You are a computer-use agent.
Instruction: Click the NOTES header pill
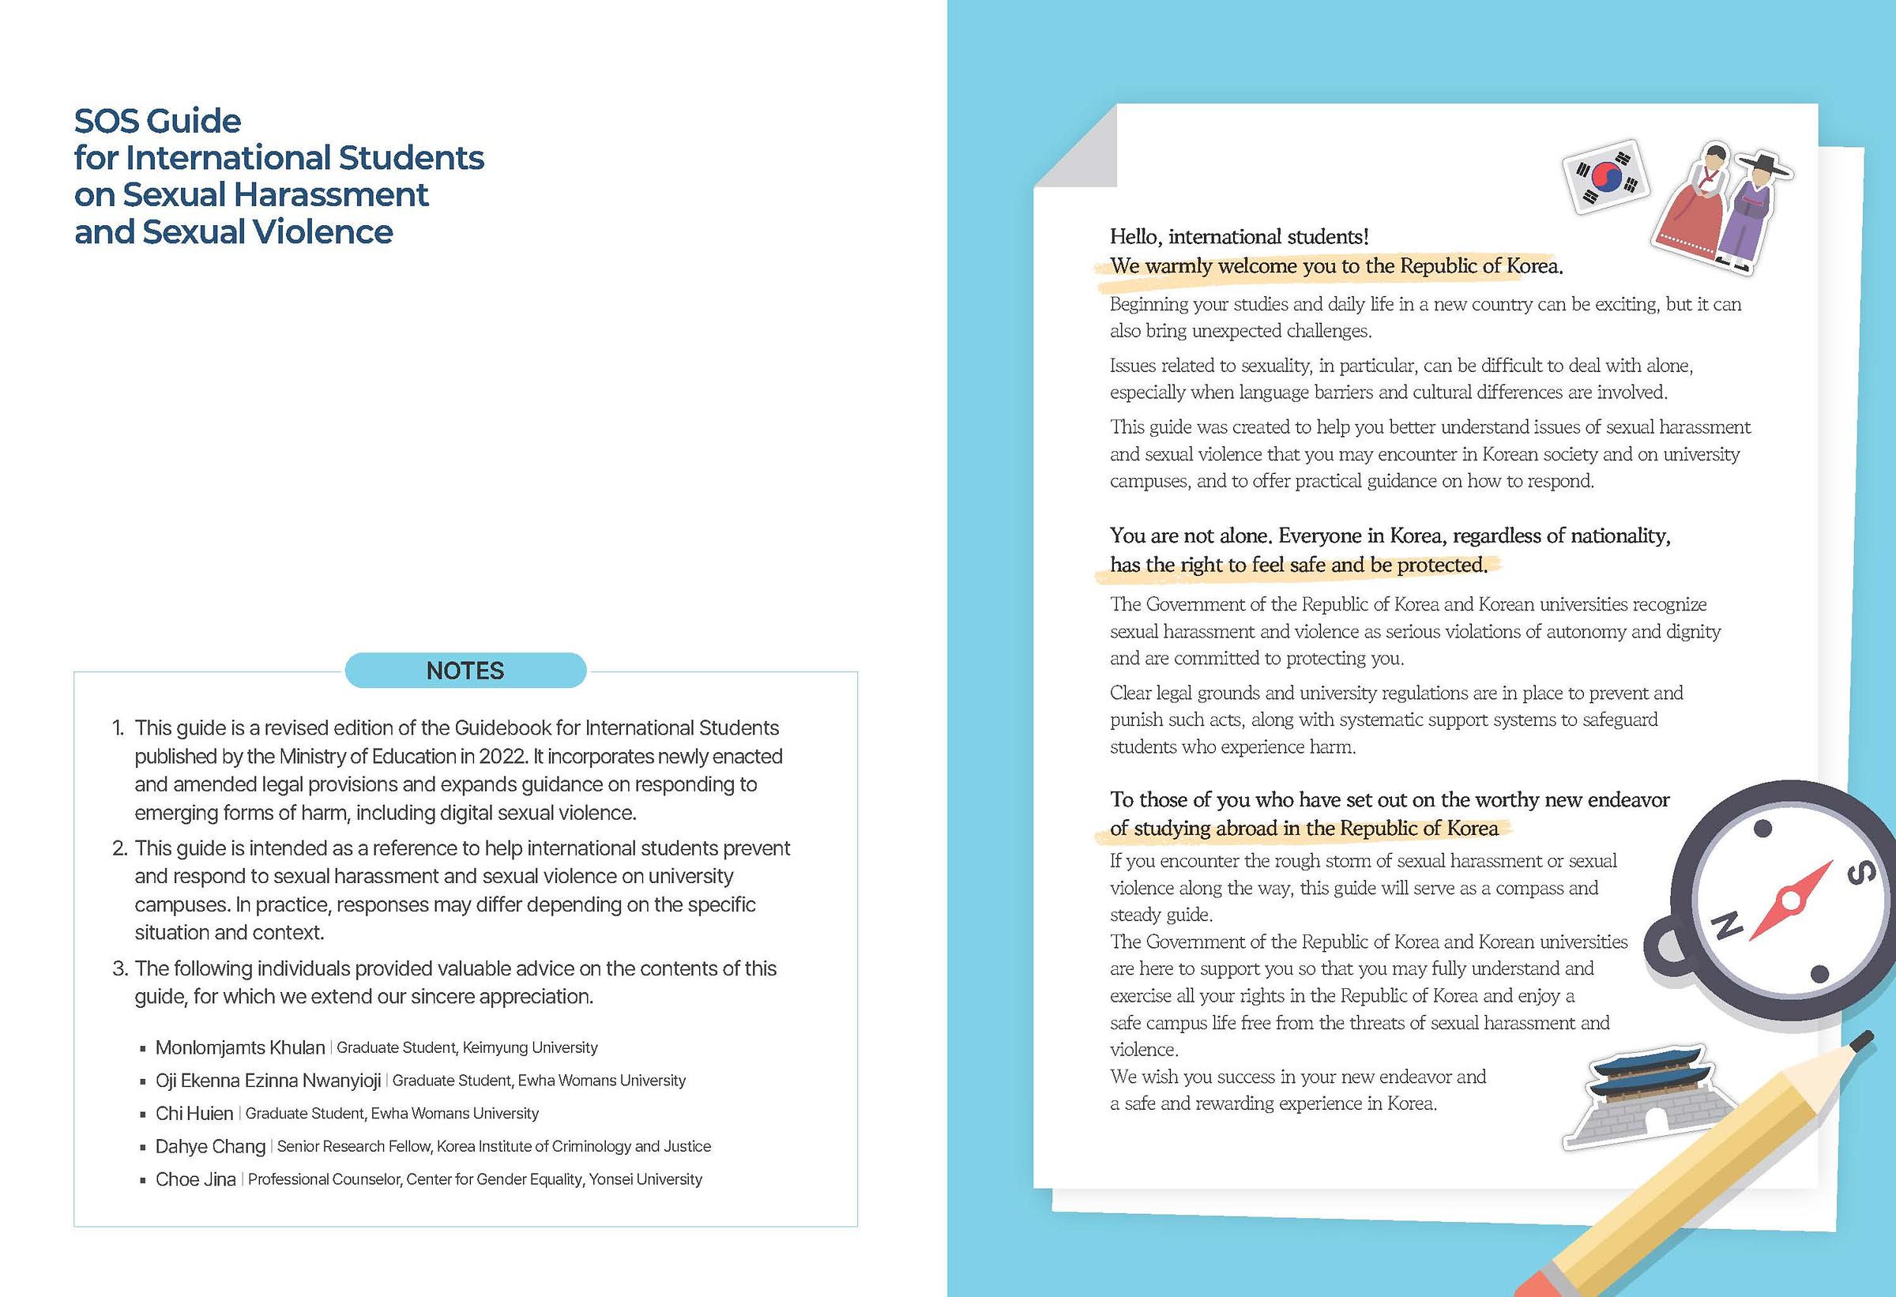465,671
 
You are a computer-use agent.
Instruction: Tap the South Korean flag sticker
1604,178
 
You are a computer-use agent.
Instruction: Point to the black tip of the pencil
1864,1042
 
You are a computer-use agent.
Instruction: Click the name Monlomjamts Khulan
240,1047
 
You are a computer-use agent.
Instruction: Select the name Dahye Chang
210,1146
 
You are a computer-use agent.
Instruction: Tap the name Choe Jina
196,1179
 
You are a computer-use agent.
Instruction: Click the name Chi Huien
194,1114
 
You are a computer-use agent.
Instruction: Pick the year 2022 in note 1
502,756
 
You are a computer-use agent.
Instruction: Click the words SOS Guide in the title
157,121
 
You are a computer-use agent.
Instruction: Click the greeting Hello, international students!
1239,236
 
